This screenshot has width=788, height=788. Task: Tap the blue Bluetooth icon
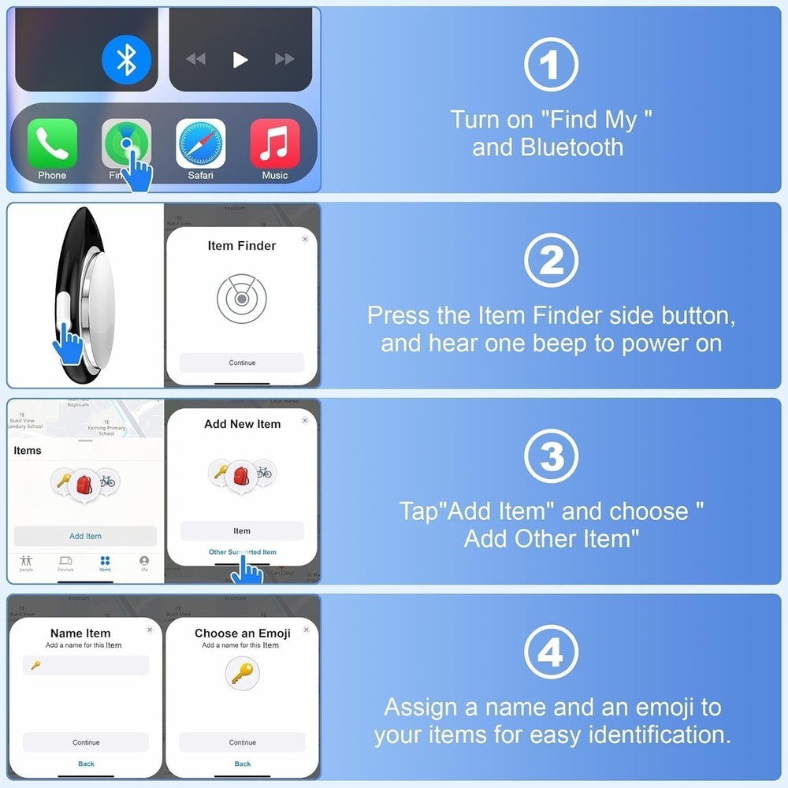tap(126, 59)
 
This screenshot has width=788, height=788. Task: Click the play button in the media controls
tap(240, 59)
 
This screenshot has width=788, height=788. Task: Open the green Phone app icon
tap(52, 143)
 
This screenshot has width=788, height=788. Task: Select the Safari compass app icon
tap(200, 143)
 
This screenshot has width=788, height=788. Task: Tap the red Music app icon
tap(275, 143)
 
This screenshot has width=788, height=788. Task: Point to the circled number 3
tap(551, 456)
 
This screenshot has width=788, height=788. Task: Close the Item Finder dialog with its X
tap(305, 239)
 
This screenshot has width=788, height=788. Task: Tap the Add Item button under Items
tap(85, 536)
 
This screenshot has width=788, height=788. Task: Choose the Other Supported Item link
tap(242, 552)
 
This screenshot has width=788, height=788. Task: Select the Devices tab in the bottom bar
tap(65, 563)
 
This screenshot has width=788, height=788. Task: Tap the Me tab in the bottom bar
tap(144, 563)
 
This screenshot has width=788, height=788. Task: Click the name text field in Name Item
tap(86, 666)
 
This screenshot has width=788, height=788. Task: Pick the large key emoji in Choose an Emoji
tap(242, 674)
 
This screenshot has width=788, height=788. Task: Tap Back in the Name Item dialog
tap(86, 764)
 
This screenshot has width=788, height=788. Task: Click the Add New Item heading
tap(242, 424)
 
